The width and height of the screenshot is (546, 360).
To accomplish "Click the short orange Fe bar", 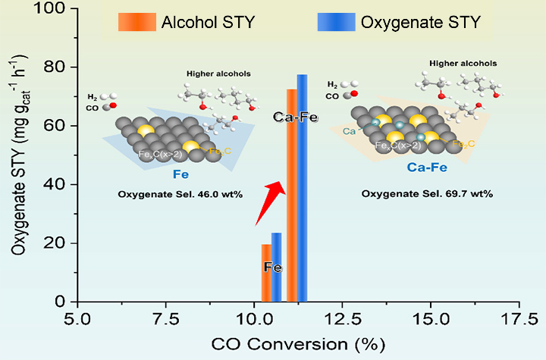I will [x=265, y=273].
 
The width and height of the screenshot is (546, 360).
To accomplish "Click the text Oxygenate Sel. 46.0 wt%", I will [x=180, y=194].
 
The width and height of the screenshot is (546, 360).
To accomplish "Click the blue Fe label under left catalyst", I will [x=180, y=174].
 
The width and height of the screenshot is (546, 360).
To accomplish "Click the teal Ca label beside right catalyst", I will [x=349, y=131].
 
